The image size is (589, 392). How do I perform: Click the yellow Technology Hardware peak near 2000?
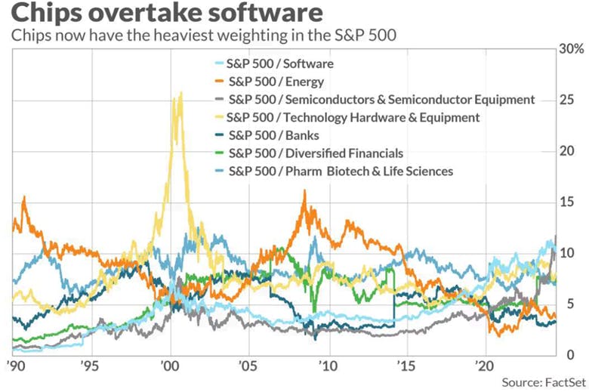(179, 95)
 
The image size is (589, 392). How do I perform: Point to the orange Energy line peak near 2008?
(304, 192)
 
